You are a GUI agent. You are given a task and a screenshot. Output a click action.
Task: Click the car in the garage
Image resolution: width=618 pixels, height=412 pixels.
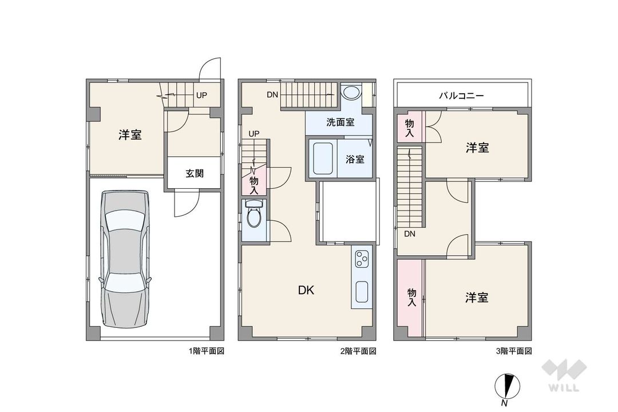click(125, 259)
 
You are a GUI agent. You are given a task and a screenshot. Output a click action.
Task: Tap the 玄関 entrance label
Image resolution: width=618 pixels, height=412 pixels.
click(195, 173)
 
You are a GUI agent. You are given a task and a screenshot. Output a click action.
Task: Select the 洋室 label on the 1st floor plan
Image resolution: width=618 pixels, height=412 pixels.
click(130, 135)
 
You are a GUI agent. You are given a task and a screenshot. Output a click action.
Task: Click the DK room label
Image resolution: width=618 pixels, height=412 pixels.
click(306, 291)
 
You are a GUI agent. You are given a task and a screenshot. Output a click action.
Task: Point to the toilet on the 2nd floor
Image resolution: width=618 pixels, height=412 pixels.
click(253, 213)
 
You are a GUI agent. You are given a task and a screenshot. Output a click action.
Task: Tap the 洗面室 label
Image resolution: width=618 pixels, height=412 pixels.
click(340, 122)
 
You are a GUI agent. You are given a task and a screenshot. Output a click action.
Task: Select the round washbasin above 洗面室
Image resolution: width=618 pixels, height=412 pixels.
click(351, 93)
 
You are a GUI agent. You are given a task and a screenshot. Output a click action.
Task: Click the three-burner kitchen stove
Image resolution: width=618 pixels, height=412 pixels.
click(362, 259)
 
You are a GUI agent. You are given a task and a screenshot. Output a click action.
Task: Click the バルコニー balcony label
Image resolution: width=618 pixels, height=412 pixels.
click(461, 96)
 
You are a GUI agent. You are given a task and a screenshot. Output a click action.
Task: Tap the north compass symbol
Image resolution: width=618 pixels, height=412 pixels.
click(507, 387)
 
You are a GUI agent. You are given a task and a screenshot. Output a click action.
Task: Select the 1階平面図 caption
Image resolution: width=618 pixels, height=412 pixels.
click(207, 351)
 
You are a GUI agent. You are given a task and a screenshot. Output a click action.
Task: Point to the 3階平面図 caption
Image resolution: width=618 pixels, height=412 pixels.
click(514, 351)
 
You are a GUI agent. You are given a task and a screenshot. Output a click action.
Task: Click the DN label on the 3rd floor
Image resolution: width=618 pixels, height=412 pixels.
click(410, 234)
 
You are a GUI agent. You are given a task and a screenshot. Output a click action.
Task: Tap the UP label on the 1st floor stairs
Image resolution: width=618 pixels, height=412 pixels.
click(202, 95)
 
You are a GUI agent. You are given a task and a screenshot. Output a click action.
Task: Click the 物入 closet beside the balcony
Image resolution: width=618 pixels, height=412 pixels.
click(410, 128)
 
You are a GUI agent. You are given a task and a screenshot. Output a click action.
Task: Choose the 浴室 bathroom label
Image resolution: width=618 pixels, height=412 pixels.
click(355, 159)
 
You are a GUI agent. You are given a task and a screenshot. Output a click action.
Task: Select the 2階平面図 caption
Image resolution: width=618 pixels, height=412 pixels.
click(358, 351)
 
